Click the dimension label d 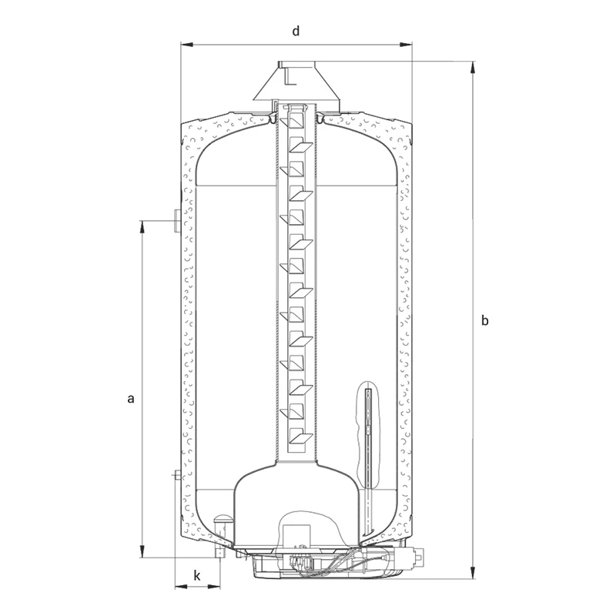click(x=296, y=31)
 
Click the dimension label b click(x=485, y=320)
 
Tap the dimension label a click(x=131, y=399)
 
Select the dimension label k click(x=197, y=576)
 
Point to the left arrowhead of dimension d click(x=186, y=45)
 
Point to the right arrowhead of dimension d click(x=406, y=45)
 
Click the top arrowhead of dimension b click(x=473, y=67)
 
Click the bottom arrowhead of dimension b click(x=473, y=572)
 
